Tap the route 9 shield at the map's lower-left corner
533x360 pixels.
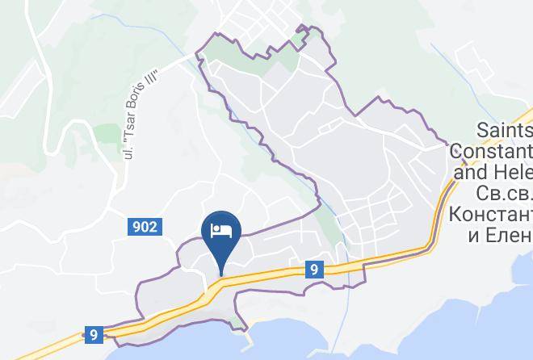click(94, 334)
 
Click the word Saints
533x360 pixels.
click(506, 130)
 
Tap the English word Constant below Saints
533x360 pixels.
click(491, 151)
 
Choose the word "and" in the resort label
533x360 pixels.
click(477, 172)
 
